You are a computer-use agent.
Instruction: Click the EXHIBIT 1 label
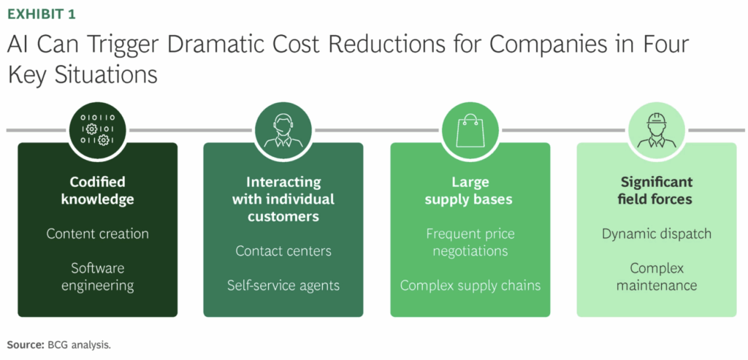(41, 14)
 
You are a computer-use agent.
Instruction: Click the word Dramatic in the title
(232, 45)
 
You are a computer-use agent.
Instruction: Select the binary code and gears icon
(97, 129)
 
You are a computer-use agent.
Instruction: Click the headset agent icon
(283, 129)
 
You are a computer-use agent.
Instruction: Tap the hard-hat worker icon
(656, 129)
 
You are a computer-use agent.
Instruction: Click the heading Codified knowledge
(97, 190)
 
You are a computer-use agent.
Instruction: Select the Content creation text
(97, 234)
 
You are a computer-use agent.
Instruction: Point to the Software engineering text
(97, 276)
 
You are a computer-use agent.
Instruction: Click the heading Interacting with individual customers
(283, 199)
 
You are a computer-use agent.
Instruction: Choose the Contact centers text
(283, 251)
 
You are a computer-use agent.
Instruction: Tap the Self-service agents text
(283, 285)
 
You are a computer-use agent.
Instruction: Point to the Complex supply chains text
(470, 285)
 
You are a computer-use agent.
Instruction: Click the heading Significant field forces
(656, 190)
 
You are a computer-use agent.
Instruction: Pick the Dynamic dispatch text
(656, 234)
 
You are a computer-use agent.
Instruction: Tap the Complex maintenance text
(656, 276)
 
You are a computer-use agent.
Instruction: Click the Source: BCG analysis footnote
(58, 344)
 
